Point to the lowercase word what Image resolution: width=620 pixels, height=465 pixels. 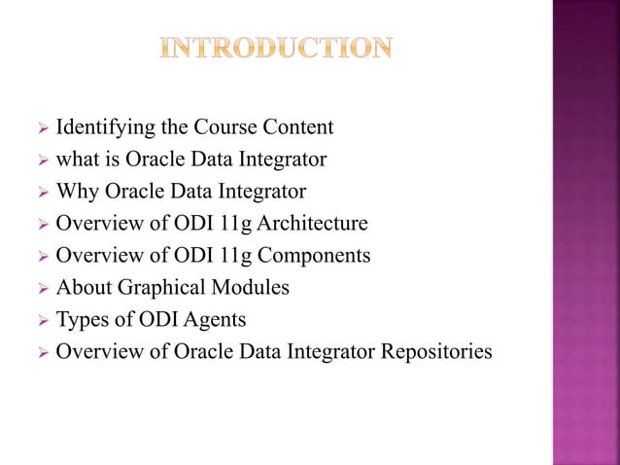[76, 160]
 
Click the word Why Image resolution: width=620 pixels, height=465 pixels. [75, 192]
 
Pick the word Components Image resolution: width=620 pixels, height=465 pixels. [313, 256]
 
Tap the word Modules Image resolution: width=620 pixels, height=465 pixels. [252, 288]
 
